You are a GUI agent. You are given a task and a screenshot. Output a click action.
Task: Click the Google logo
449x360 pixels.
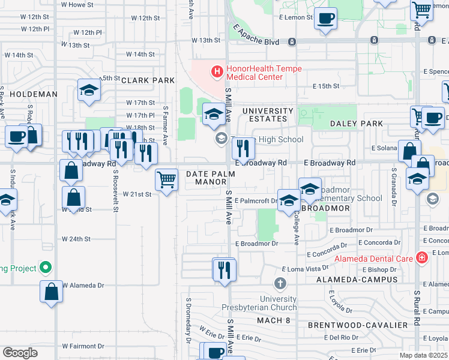tap(20, 353)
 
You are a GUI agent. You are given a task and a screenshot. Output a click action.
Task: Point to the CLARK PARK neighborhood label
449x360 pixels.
tap(148, 80)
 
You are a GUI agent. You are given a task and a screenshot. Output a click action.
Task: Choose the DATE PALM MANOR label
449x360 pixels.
tap(206, 179)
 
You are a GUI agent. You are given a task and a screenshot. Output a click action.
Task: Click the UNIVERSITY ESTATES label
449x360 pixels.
tap(268, 115)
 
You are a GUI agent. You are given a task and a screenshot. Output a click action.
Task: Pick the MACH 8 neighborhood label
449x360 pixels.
tap(273, 320)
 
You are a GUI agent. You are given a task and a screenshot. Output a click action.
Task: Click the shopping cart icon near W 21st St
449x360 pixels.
tap(166, 179)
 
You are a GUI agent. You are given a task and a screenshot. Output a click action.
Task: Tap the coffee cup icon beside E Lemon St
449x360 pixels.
tap(326, 19)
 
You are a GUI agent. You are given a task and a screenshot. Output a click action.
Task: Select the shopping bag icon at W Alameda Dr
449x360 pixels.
tap(52, 292)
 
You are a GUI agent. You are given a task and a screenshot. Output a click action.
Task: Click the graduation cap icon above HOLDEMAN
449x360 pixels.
tap(89, 90)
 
